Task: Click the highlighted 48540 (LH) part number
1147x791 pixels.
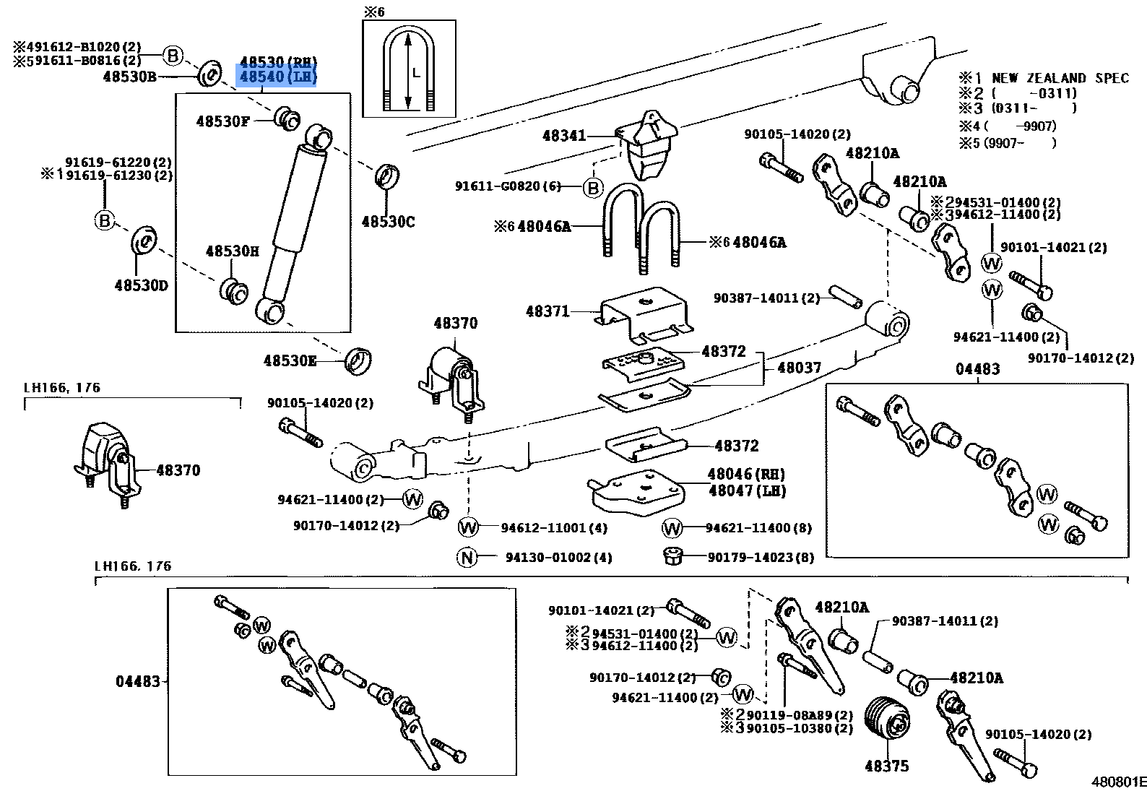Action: [277, 77]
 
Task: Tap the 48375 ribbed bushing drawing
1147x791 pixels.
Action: [888, 727]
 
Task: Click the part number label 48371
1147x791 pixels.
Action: [547, 311]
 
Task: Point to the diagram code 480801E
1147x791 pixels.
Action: [1118, 782]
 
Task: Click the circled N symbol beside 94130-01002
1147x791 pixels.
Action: [467, 557]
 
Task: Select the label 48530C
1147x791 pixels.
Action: [388, 222]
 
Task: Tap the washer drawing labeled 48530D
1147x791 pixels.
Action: [144, 240]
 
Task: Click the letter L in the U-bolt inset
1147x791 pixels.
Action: [415, 72]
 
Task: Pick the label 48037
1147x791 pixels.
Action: [799, 368]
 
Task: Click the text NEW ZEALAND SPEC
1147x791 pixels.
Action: [1060, 78]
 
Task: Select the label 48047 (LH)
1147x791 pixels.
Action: [747, 490]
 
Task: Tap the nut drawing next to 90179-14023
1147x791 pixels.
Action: [672, 556]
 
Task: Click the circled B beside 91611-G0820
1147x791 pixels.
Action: [592, 188]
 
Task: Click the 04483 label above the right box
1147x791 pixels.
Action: [977, 369]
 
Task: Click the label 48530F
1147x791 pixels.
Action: [222, 121]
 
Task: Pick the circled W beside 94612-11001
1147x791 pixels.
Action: [468, 527]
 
